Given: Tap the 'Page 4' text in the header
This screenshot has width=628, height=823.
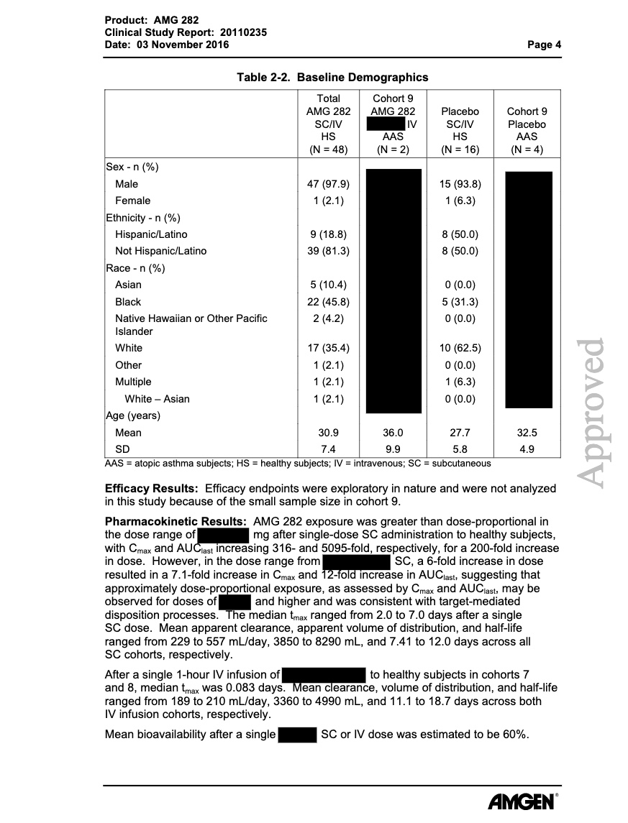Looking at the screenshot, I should pos(544,45).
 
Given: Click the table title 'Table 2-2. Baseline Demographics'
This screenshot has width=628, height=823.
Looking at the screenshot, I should pos(333,77).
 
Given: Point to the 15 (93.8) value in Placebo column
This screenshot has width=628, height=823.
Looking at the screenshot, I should pos(460,184).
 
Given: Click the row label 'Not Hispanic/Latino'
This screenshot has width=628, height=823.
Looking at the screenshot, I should pos(160,251).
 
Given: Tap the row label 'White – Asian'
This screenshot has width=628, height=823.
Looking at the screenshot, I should pos(157,399).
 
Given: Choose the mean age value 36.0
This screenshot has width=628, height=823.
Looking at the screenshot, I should pos(393,433).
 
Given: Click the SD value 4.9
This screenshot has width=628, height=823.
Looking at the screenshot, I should pos(527,450).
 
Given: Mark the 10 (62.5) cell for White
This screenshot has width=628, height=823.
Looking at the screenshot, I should pos(460,349).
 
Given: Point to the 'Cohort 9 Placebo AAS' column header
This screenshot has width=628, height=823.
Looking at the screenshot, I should pos(527,124).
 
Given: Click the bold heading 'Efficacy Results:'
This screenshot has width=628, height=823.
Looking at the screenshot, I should pos(152,488).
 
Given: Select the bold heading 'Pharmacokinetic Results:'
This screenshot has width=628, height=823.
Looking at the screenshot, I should pos(176,521).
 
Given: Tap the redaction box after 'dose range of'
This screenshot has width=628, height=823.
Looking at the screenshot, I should pos(223,535).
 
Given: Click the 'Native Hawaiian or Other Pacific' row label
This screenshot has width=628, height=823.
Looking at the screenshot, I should pos(191,318).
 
